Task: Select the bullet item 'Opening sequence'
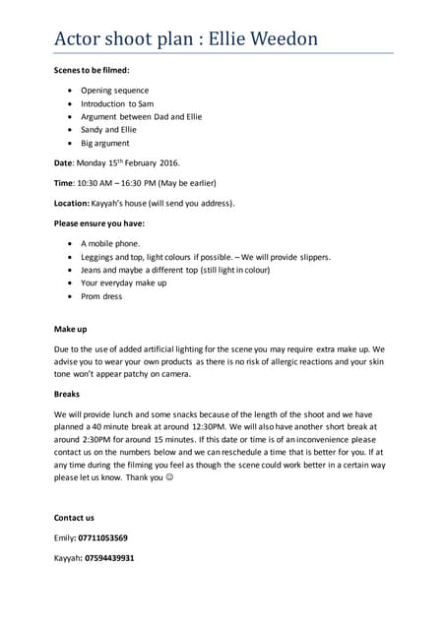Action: pos(114,90)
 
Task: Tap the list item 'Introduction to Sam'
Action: pos(117,103)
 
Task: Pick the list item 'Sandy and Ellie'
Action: pos(109,129)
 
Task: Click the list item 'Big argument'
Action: pos(104,143)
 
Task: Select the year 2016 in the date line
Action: pos(167,162)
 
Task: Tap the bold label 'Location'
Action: pos(74,203)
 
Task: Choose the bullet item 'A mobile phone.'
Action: pos(110,242)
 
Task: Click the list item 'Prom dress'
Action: pos(101,295)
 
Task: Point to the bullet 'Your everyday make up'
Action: pos(124,283)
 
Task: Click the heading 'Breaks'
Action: pos(66,392)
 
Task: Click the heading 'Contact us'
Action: pos(74,517)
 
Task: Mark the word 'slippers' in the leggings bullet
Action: pos(310,256)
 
